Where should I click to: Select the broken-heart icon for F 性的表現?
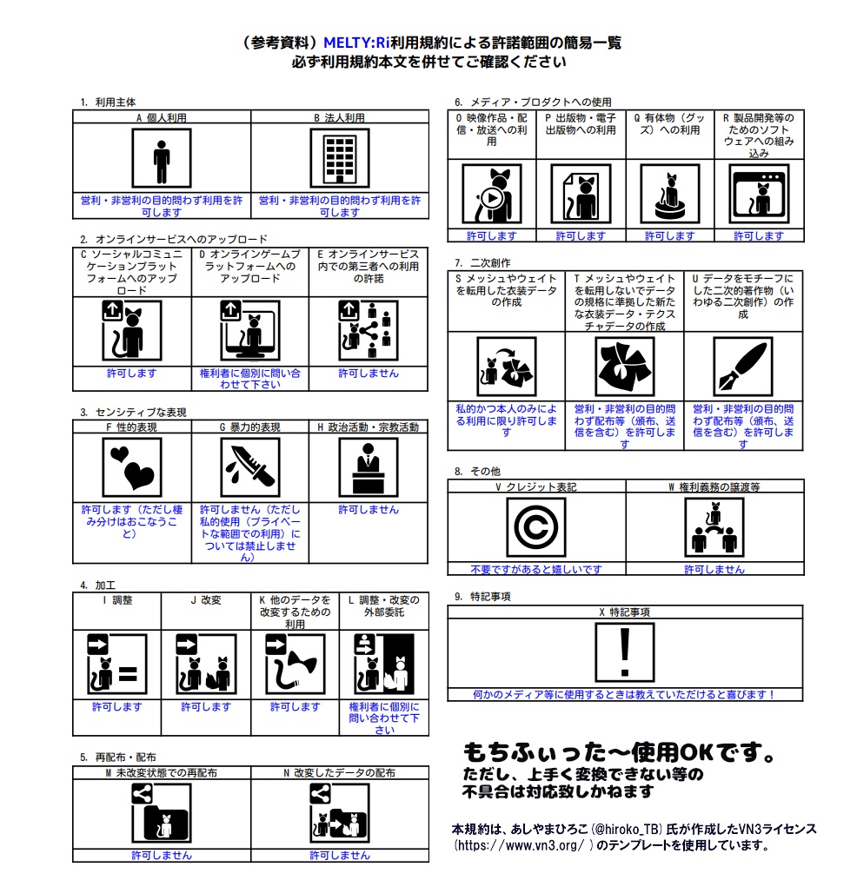coord(131,466)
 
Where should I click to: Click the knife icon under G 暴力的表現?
coord(249,466)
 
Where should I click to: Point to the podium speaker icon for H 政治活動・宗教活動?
coord(368,466)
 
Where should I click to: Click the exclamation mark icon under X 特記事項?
coord(624,653)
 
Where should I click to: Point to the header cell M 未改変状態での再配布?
coord(162,772)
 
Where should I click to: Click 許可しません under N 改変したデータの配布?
coord(339,856)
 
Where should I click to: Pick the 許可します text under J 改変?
coord(206,707)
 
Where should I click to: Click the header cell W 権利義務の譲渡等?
coord(714,487)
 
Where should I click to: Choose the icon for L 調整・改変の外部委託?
coord(383,665)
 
